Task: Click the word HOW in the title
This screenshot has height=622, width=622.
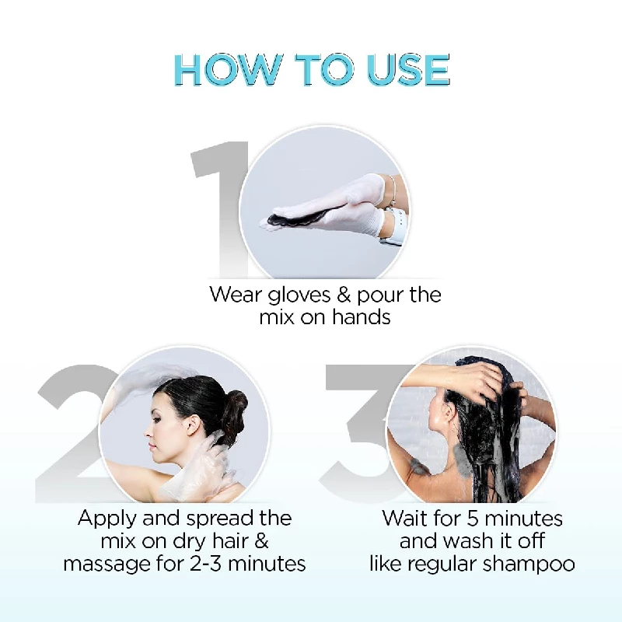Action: point(227,70)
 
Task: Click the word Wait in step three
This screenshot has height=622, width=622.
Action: point(405,518)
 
